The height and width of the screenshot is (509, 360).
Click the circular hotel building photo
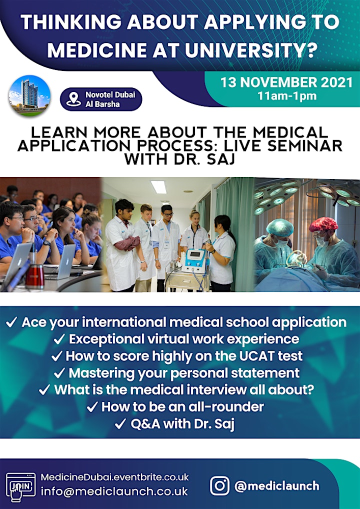[29, 96]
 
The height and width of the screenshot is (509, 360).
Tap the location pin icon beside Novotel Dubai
[73, 99]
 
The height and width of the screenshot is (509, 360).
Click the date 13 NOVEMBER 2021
[286, 82]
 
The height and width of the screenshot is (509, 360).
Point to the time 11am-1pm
[287, 96]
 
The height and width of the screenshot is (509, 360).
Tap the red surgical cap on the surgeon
[323, 224]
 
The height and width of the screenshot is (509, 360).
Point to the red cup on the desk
[34, 276]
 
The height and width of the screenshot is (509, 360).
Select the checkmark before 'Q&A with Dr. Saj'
[120, 424]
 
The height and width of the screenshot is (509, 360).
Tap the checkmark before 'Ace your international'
[11, 322]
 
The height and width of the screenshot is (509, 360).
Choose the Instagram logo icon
[220, 486]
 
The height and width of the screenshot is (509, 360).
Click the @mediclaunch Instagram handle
[276, 486]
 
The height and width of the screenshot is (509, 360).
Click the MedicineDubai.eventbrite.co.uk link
[114, 477]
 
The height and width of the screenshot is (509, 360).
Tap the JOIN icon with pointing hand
[21, 486]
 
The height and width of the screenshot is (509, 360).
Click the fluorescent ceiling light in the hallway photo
[158, 186]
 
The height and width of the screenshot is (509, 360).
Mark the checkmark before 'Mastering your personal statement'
[59, 373]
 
